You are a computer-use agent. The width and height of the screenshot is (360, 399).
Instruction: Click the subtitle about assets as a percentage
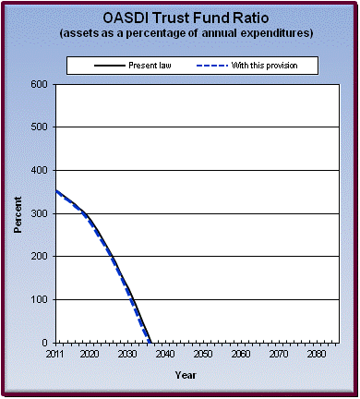click(x=179, y=33)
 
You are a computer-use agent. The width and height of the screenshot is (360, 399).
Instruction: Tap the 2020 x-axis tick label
click(x=90, y=355)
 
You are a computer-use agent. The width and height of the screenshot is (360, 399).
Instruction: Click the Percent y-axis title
click(x=18, y=213)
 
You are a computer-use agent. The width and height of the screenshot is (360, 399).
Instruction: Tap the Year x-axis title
click(x=185, y=375)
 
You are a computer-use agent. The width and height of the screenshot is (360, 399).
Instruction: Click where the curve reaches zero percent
click(x=151, y=342)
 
